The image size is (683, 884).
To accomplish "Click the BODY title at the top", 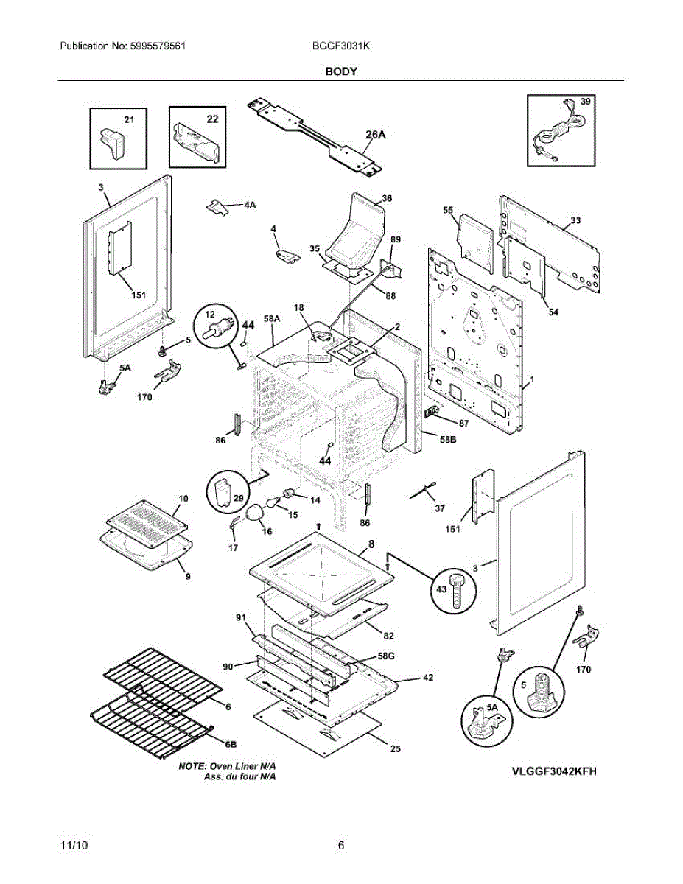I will tap(341, 71).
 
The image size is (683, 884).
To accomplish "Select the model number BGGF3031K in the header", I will tap(340, 46).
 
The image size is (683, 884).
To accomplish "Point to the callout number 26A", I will tap(376, 134).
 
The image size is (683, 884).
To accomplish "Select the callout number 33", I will tap(575, 220).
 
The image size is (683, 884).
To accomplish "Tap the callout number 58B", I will tap(449, 440).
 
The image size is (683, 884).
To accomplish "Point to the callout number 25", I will tap(395, 749).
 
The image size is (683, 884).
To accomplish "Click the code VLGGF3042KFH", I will tap(553, 771).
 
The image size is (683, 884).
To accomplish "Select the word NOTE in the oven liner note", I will tap(193, 767).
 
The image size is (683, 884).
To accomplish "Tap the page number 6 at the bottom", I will tap(341, 845).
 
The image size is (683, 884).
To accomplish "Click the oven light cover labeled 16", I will tap(255, 513).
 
